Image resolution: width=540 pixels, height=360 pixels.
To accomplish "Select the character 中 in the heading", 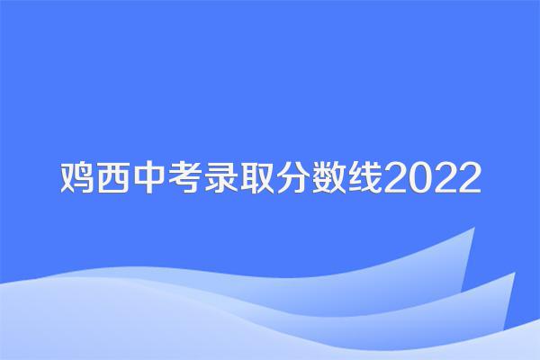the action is (x=148, y=177).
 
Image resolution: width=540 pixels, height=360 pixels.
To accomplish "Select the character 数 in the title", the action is (x=328, y=177).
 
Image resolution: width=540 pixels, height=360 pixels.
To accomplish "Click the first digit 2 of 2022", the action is (x=396, y=178).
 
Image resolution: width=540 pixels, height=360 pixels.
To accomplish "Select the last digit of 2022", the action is (x=469, y=178).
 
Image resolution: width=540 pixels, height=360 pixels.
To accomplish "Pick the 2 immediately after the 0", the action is (x=445, y=178).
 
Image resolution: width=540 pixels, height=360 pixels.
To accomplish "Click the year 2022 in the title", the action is (x=432, y=178).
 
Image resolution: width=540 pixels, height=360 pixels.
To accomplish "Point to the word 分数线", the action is (x=328, y=177).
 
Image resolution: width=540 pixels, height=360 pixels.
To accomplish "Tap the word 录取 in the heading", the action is (x=238, y=177).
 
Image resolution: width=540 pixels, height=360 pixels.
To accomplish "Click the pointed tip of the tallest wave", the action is (x=474, y=228).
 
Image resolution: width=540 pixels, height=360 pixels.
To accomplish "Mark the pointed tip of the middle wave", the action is (x=515, y=273).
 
